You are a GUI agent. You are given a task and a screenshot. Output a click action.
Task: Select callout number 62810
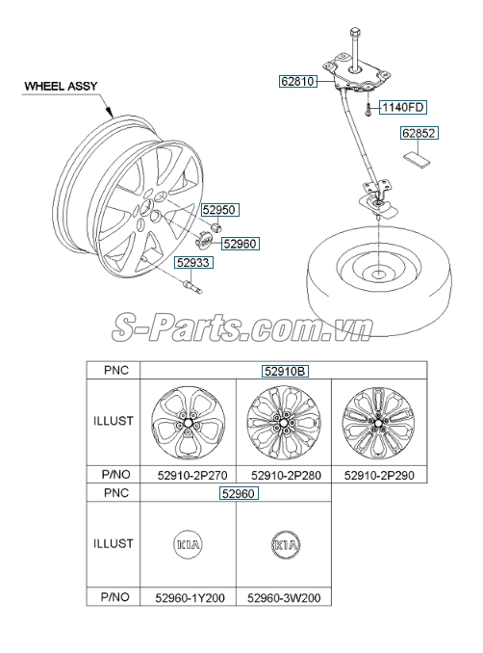coord(298,83)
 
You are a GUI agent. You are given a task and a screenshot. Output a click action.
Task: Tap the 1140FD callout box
coord(402,107)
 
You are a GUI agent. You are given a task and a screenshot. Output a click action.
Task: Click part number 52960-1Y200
coord(189,598)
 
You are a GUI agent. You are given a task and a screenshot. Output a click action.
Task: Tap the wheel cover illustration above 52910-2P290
coord(378,422)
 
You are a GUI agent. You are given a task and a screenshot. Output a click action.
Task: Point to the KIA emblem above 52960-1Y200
coord(189,545)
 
